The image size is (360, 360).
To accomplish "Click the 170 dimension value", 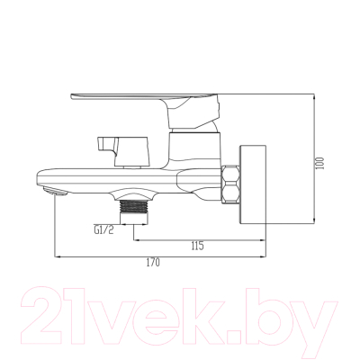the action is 153,263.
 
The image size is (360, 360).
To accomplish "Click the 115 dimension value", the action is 197,246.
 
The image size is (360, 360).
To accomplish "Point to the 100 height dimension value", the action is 320,163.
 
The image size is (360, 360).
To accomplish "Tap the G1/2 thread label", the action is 103,230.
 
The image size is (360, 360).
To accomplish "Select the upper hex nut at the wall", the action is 231,173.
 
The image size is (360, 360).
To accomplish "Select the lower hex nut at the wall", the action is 231,193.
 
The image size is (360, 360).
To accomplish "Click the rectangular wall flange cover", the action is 253,184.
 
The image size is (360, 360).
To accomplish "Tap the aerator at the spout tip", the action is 56,191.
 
